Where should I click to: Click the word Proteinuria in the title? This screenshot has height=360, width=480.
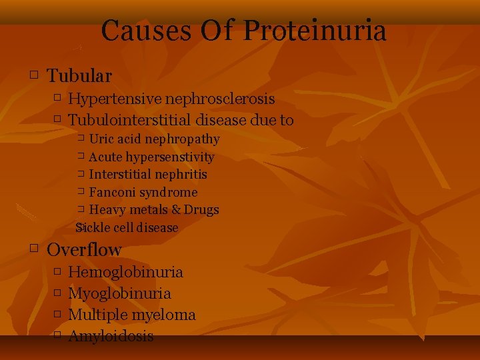click(x=315, y=31)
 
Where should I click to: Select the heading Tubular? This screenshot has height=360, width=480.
click(x=79, y=77)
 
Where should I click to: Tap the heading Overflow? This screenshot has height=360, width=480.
click(x=84, y=250)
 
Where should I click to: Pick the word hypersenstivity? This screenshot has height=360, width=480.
click(x=171, y=157)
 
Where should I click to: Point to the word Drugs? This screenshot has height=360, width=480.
click(x=203, y=210)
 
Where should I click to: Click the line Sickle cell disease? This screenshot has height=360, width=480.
click(x=127, y=227)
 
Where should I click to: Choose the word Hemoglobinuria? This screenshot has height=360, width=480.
click(x=125, y=272)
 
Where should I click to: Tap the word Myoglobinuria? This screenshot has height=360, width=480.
click(x=119, y=293)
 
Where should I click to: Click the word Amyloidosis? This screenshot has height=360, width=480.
click(x=111, y=336)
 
